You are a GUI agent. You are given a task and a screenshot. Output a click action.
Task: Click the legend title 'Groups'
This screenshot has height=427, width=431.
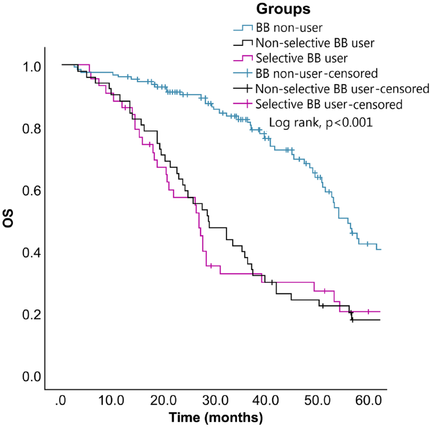pyautogui.click(x=283, y=9)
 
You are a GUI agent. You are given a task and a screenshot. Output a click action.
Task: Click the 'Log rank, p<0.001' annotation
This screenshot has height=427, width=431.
pyautogui.click(x=321, y=123)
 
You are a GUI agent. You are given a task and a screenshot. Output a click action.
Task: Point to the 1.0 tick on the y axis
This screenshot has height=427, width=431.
pyautogui.click(x=32, y=67)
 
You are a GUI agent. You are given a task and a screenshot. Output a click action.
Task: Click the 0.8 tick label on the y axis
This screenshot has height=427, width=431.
pyautogui.click(x=32, y=129)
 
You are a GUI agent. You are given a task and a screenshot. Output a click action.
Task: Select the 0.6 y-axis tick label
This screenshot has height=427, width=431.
pyautogui.click(x=32, y=191)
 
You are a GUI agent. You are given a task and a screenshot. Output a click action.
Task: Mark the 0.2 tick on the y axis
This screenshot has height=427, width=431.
pyautogui.click(x=32, y=315)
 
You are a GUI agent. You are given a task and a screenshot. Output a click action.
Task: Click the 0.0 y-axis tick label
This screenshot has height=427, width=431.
pyautogui.click(x=32, y=377)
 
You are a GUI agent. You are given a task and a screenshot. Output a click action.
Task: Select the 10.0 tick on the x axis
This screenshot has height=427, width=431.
pyautogui.click(x=111, y=401)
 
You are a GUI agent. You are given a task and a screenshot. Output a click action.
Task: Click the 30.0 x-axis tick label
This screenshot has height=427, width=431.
pyautogui.click(x=215, y=401)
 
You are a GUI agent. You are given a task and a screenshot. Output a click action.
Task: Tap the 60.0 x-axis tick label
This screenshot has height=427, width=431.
pyautogui.click(x=368, y=401)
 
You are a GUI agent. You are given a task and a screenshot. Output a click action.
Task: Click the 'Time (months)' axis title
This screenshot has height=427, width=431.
pyautogui.click(x=216, y=418)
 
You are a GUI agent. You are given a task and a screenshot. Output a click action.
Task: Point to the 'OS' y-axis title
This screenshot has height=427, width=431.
pyautogui.click(x=8, y=218)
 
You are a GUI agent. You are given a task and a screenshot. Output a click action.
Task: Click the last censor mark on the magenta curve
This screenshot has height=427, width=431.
pyautogui.click(x=368, y=311)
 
